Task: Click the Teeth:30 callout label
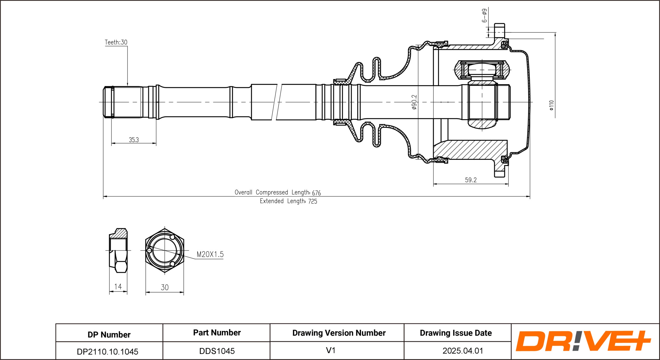point(116,42)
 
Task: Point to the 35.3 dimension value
point(134,140)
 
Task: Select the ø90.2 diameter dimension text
point(414,102)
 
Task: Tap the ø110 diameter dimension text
point(551,105)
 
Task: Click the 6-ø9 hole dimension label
point(484,16)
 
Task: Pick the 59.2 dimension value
point(471,180)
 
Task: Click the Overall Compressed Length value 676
point(316,193)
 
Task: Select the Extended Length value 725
point(313,201)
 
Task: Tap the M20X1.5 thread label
point(210,254)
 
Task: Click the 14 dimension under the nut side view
point(118,287)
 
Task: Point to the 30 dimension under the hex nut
point(164,287)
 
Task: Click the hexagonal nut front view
point(164,250)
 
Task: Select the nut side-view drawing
point(118,250)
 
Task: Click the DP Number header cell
point(109,335)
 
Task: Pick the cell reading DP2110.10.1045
point(107,352)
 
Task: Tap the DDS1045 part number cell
point(217,351)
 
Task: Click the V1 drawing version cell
point(331,350)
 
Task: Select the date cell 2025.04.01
point(463,351)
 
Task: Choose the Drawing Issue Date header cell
point(456,333)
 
